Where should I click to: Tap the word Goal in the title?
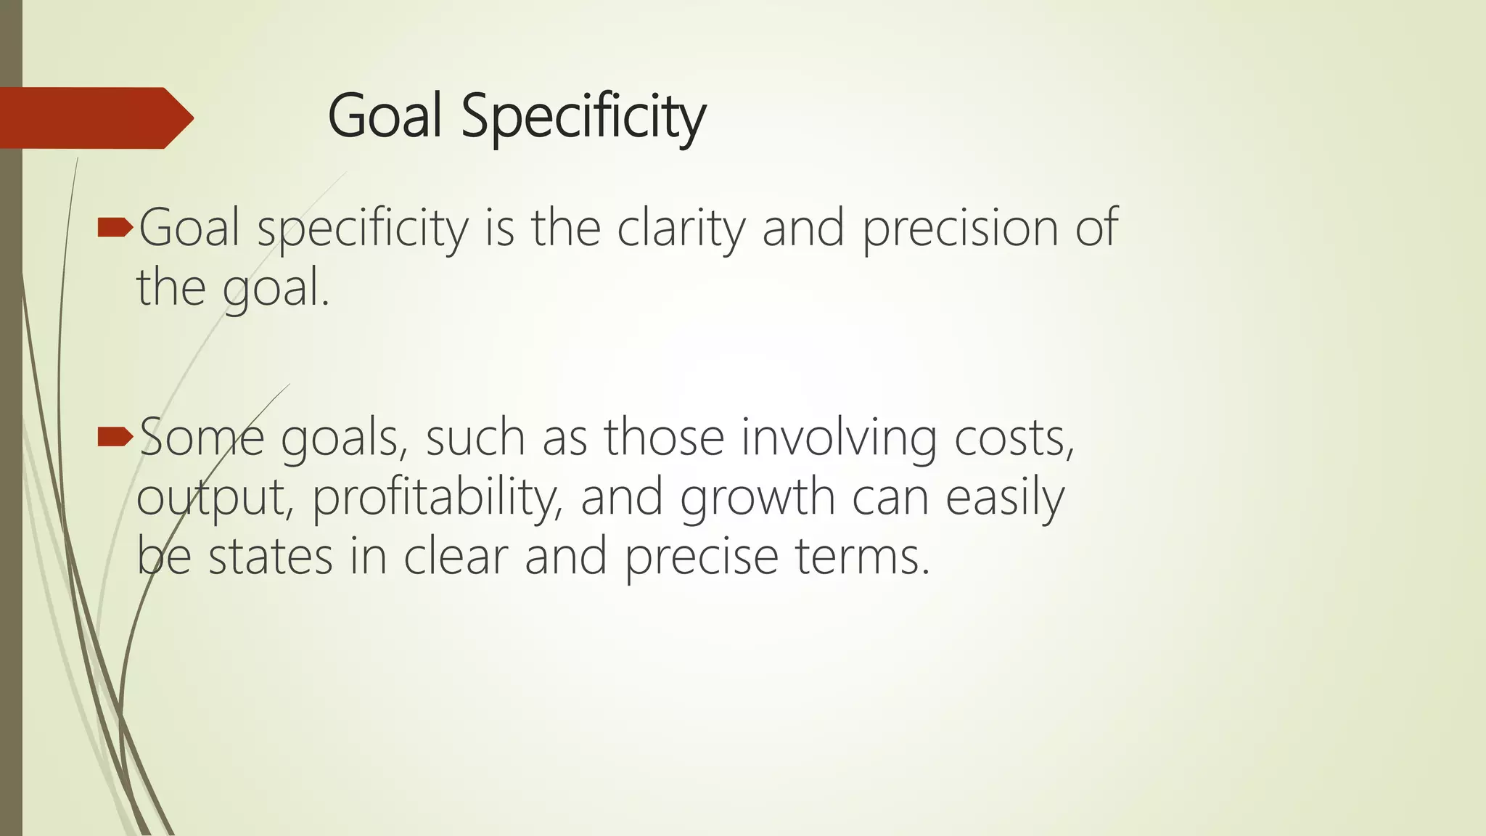[385, 116]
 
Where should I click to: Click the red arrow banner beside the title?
[94, 118]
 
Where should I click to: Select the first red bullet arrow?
[115, 229]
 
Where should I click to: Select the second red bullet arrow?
[115, 437]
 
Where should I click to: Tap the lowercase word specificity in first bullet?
[363, 229]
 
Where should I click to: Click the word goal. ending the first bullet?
[276, 289]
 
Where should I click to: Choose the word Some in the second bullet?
[201, 438]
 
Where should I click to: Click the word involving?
[838, 438]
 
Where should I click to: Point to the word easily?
[1005, 498]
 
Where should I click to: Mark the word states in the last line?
[270, 557]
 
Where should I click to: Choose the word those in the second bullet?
[664, 438]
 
